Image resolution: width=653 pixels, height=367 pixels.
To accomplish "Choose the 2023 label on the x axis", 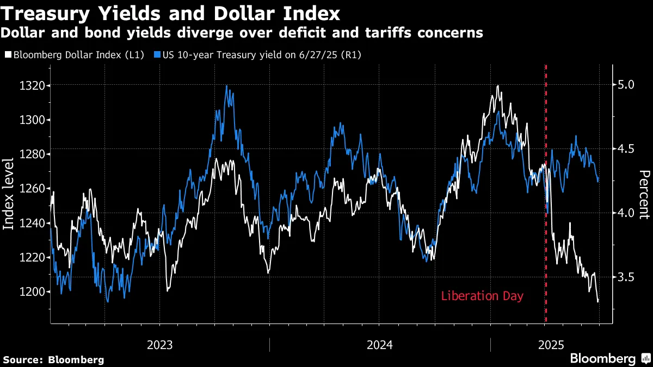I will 159,345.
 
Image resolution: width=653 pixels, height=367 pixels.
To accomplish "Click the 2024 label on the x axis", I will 380,345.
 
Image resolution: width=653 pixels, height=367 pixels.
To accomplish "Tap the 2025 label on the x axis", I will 551,345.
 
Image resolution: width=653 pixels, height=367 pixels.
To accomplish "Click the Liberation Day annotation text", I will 482,296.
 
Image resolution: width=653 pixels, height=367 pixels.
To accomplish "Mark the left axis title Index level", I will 9,194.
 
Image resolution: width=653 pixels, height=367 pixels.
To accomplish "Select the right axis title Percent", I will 644,194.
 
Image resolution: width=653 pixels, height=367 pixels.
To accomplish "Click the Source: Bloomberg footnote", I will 53,359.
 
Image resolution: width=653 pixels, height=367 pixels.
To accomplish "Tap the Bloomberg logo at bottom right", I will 609,358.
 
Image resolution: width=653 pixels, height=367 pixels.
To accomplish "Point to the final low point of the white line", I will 598,301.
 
